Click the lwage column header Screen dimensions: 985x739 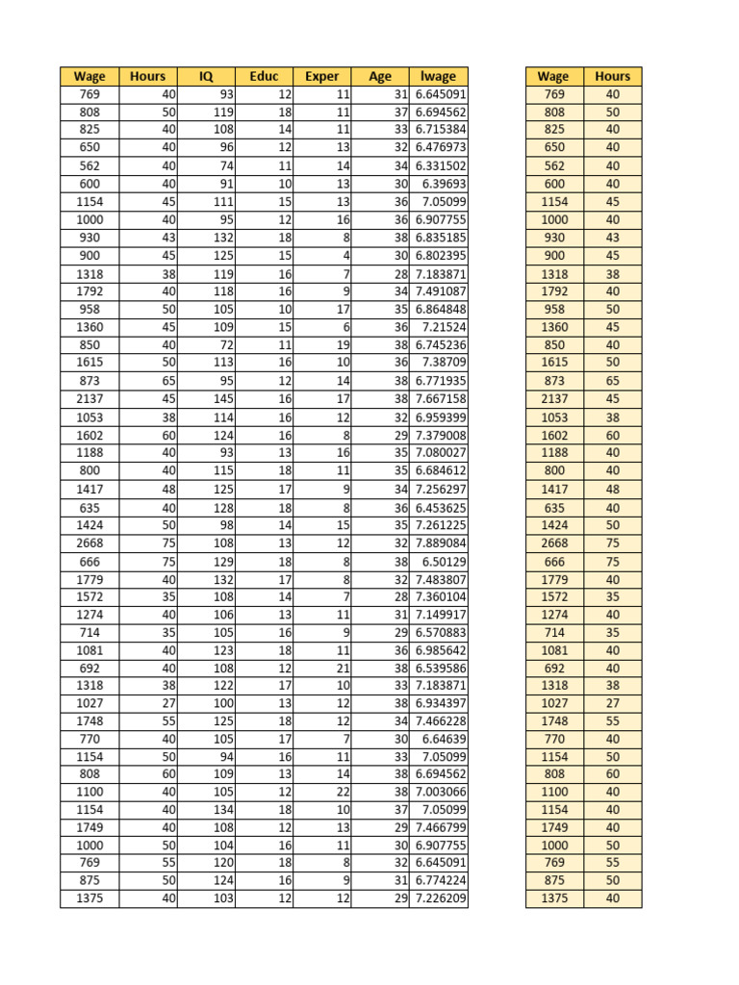[x=438, y=76]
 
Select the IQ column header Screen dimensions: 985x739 [x=206, y=76]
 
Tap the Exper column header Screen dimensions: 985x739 [x=321, y=76]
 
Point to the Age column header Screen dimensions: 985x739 [x=380, y=76]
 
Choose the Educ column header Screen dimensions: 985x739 [x=264, y=76]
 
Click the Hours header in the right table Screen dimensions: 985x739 [x=612, y=76]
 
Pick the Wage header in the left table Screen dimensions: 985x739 [x=89, y=76]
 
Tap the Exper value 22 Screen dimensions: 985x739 [x=343, y=791]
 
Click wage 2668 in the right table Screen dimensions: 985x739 [x=554, y=543]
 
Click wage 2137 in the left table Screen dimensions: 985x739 [x=89, y=399]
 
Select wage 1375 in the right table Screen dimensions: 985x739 [x=554, y=898]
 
